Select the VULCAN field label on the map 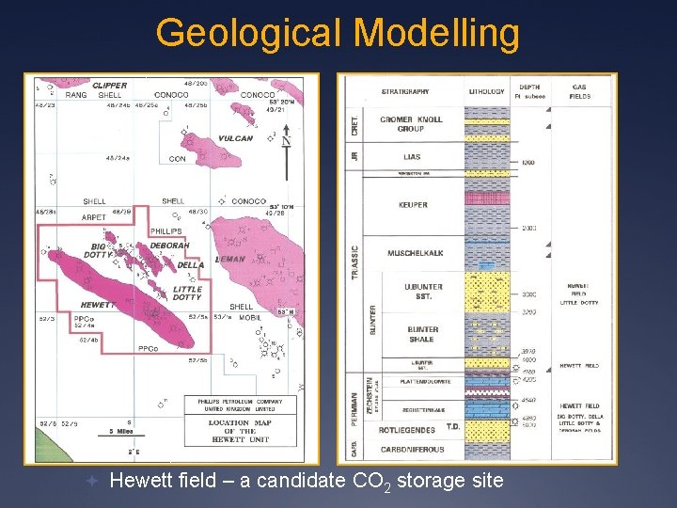[x=234, y=138]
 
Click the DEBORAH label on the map [x=169, y=246]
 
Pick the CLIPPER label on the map [x=109, y=86]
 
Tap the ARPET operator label [x=93, y=217]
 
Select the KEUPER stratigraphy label [x=412, y=204]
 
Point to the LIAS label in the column [x=411, y=157]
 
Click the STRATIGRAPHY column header [x=405, y=91]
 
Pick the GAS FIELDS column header [x=579, y=90]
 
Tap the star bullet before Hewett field [x=91, y=481]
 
